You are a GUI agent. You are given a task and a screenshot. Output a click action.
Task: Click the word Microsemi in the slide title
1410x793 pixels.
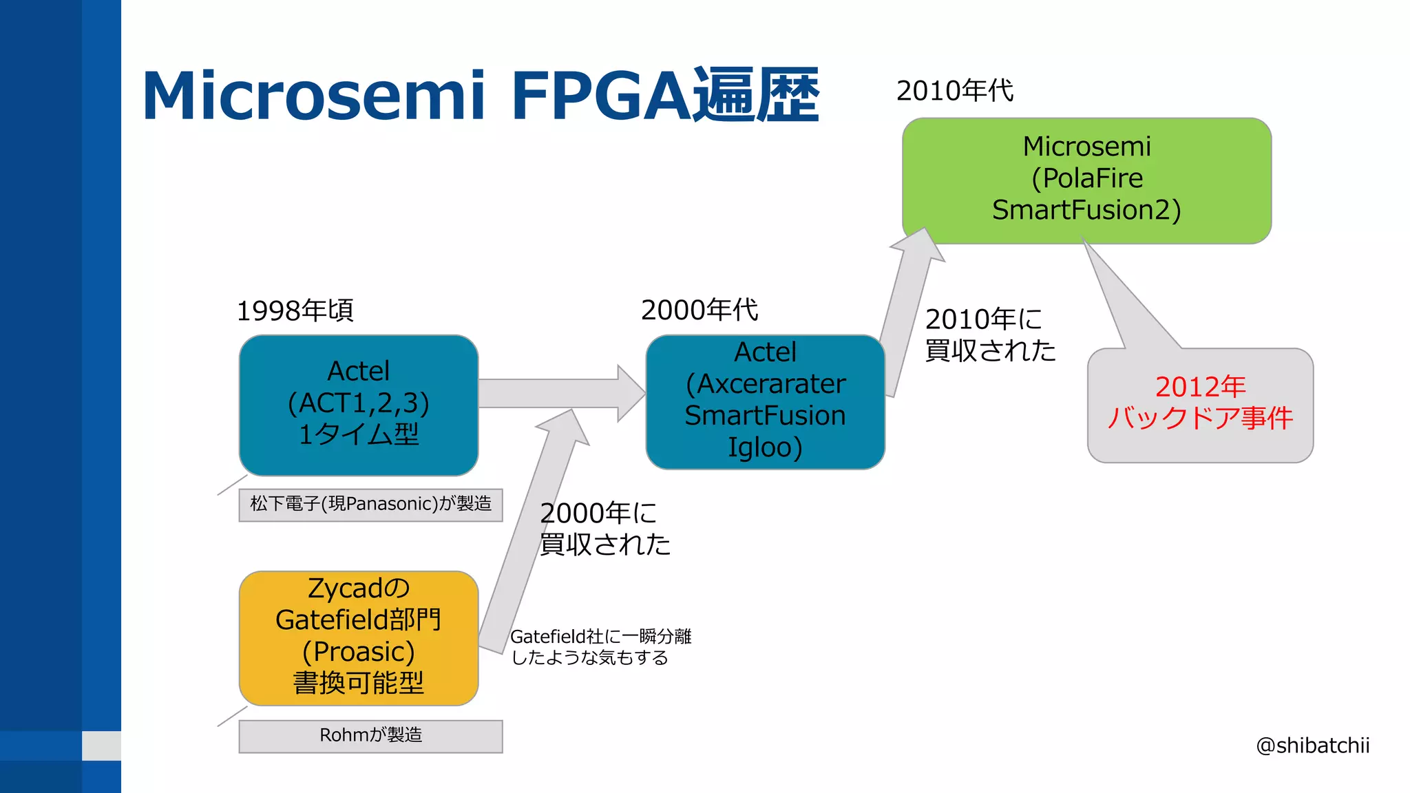pos(313,96)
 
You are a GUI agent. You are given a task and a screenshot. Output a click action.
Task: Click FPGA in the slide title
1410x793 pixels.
pos(599,96)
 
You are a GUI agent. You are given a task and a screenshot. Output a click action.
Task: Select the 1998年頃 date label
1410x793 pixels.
pos(295,311)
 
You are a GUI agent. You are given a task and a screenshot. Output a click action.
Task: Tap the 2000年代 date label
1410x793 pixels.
pos(699,310)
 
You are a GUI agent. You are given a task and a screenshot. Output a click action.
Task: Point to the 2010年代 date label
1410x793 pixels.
pos(954,91)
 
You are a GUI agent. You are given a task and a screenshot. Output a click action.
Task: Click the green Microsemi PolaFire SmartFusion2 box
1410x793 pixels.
pos(1086,179)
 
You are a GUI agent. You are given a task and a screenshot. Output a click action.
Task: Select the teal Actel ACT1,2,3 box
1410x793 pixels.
pos(358,405)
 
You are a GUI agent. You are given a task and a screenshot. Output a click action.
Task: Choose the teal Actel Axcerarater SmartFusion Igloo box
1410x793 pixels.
pos(765,401)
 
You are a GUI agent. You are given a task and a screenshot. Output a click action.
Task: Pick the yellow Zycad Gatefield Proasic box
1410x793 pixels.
pos(358,637)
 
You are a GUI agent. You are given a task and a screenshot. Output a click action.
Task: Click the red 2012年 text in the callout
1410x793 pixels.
pos(1200,387)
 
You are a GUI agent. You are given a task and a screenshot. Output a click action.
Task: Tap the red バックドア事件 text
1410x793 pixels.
pos(1200,418)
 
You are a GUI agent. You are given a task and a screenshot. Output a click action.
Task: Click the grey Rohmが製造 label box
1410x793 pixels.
pos(370,736)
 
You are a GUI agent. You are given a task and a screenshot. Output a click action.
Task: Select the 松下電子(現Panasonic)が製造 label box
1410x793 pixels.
pos(370,505)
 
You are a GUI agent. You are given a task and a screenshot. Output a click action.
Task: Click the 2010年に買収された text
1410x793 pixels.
pos(989,335)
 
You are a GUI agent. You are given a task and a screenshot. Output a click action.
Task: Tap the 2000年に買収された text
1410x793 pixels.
pos(604,529)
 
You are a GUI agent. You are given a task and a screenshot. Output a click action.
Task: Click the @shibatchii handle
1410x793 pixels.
pos(1312,746)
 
